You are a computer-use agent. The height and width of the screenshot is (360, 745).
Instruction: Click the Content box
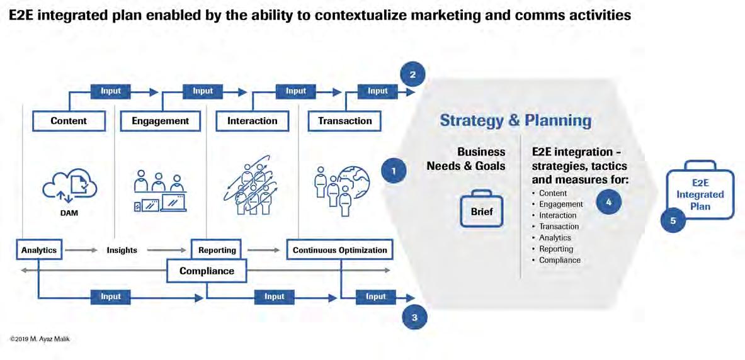69,121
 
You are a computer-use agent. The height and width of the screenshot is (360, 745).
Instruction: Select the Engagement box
160,121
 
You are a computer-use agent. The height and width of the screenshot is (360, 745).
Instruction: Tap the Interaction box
252,121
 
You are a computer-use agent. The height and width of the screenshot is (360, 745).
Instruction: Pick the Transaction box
344,121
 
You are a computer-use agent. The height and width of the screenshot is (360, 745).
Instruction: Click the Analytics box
38,250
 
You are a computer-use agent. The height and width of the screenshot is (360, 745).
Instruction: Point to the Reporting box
217,250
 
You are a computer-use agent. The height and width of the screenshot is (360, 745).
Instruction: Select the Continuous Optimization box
339,250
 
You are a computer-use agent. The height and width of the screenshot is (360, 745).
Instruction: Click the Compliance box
207,271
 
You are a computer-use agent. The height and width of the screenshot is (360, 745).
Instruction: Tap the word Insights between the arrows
122,250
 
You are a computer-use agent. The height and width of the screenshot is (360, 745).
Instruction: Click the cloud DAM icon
69,184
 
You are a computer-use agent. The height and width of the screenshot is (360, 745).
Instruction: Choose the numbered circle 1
394,171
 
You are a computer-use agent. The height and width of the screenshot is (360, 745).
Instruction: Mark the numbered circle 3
414,317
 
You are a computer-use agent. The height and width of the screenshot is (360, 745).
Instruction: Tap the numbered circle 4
608,203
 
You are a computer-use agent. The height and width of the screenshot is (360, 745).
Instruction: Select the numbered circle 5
673,221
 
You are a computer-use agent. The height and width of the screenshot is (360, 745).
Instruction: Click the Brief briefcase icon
482,208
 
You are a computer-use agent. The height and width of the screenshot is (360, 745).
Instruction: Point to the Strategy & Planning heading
515,120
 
